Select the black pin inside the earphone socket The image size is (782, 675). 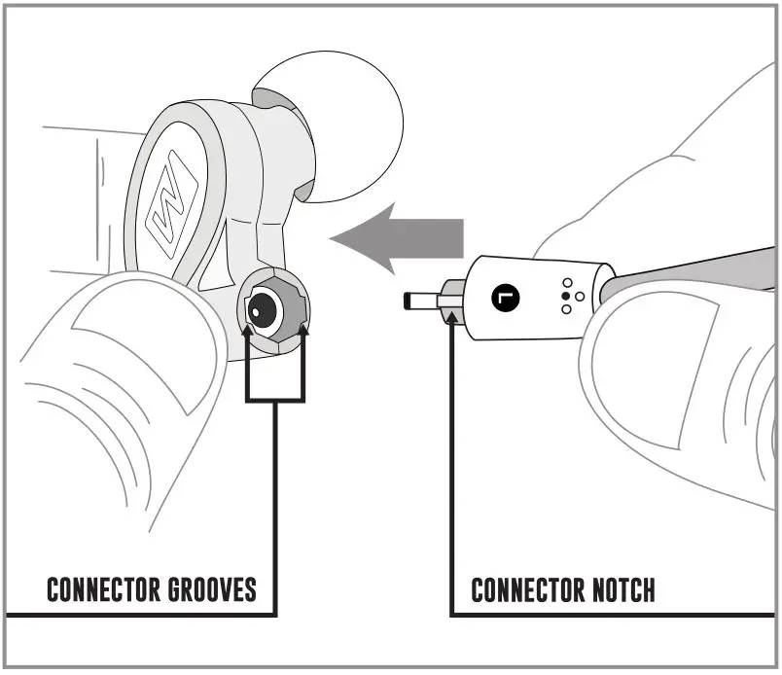click(256, 310)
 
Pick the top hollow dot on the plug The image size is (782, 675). click(567, 283)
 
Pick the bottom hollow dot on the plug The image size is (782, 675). click(566, 309)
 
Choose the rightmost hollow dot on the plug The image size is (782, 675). click(580, 296)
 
